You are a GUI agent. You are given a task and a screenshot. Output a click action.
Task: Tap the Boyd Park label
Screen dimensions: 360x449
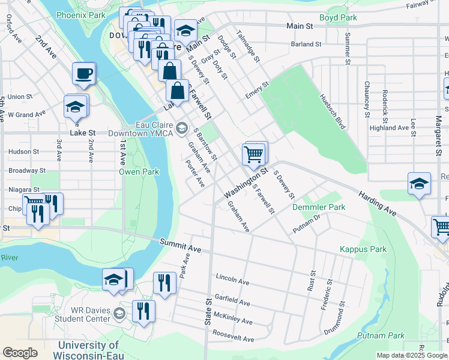338,18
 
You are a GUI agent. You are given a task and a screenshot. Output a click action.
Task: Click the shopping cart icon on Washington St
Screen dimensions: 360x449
253,154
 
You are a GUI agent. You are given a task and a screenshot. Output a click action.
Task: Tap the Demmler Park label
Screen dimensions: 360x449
319,207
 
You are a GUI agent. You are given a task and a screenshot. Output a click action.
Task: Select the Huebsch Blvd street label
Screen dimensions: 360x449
333,112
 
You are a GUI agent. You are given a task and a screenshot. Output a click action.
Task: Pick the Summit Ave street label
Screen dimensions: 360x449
180,244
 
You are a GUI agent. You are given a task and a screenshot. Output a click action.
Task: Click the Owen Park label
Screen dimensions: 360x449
139,172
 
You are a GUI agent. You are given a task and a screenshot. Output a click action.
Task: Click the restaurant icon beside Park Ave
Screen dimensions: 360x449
164,282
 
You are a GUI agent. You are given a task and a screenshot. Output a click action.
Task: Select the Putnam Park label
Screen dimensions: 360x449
381,335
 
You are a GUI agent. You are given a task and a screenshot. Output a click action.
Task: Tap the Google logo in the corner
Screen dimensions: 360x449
20,352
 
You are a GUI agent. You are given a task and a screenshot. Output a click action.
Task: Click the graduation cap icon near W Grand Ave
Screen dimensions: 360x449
76,107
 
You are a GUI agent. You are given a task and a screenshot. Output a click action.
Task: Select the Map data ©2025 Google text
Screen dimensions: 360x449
411,355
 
